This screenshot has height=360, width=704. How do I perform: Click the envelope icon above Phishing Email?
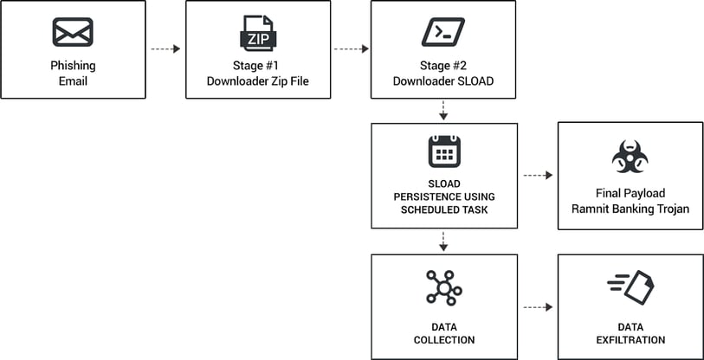coord(73,32)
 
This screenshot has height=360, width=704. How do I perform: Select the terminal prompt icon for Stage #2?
coord(442,32)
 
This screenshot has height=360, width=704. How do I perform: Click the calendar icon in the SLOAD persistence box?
coord(443,152)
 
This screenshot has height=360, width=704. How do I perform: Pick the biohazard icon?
coord(630,156)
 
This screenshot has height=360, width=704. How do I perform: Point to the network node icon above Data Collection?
coord(443,286)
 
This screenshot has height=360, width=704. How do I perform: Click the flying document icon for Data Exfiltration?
coord(630,286)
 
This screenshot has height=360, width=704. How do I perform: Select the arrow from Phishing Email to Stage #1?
coord(165,49)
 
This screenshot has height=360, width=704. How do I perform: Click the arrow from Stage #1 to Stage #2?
coord(351,49)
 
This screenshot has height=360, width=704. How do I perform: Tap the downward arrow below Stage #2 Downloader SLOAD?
coord(443,111)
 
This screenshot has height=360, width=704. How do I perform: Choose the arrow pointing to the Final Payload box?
coord(537,176)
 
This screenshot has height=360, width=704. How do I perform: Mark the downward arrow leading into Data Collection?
coord(443,241)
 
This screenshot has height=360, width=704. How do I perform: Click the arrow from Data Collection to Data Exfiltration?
coord(537,307)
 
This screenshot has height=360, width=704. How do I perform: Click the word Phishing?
coord(73,66)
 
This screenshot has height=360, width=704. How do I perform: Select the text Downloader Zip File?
coord(257,81)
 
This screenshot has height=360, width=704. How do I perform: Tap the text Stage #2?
coord(443,66)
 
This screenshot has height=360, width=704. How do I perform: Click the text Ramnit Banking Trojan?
coord(630,208)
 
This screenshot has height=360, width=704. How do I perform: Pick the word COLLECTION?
coord(443,340)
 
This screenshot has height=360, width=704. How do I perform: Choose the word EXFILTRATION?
coord(630,340)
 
